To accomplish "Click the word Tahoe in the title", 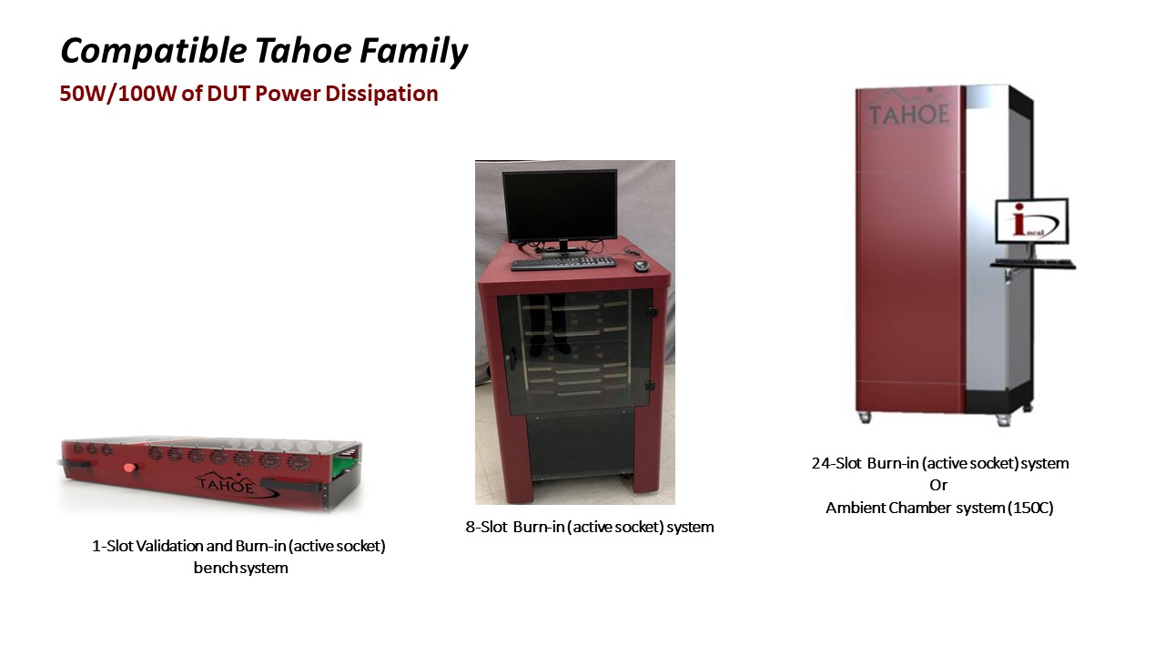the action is point(303,50).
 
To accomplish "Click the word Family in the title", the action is point(414,52).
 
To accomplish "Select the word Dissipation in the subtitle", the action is point(381,94).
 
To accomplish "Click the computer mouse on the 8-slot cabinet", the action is point(641,266).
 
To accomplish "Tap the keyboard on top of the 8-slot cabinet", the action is point(562,263).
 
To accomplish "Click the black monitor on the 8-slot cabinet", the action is point(560,206).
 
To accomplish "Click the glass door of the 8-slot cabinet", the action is point(574,353).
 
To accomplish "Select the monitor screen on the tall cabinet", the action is point(1032,221).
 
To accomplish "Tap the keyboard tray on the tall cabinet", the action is point(1033,264).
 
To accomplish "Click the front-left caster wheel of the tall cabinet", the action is point(864,417).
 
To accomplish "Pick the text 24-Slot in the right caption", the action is point(836,463).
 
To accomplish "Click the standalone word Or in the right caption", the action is point(938,485).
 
